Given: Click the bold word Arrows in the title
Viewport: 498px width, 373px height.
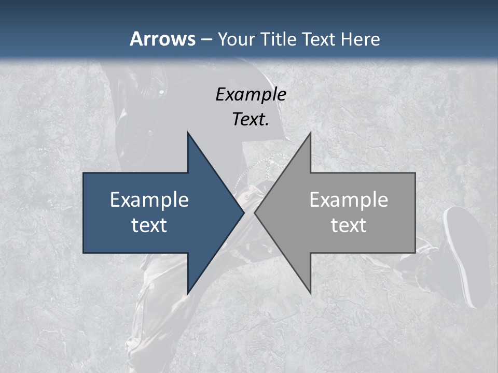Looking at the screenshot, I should click(162, 39).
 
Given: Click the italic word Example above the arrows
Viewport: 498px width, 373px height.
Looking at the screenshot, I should click(251, 94).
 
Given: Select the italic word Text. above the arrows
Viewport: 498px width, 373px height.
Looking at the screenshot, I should click(251, 119).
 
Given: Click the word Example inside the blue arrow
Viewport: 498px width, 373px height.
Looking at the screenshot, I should click(149, 199).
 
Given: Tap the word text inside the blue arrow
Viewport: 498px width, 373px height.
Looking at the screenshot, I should click(149, 225).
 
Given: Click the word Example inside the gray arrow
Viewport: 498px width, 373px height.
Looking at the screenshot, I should click(349, 199).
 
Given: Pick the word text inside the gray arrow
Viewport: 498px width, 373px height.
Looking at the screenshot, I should click(349, 225).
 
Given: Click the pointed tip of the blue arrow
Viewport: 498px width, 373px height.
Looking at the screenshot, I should click(244, 212).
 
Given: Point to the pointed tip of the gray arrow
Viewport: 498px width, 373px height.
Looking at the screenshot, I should click(255, 212).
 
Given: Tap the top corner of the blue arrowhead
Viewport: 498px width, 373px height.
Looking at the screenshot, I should click(188, 133).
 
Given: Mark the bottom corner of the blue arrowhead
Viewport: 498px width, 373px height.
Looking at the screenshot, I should click(188, 293).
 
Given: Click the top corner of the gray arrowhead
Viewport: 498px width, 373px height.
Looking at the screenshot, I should click(310, 133).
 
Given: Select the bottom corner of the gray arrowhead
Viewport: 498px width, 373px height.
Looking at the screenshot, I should click(310, 293).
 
